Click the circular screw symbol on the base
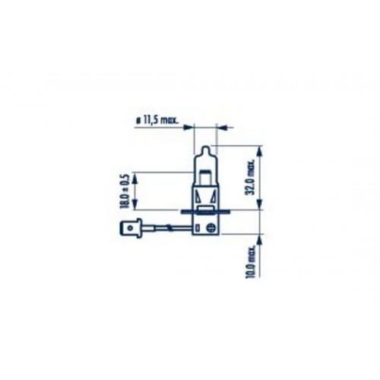(214, 228)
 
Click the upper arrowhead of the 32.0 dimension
(259, 148)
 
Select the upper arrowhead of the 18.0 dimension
(135, 173)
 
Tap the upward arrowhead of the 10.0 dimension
(259, 237)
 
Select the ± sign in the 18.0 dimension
(125, 186)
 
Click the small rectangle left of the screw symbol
(203, 228)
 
